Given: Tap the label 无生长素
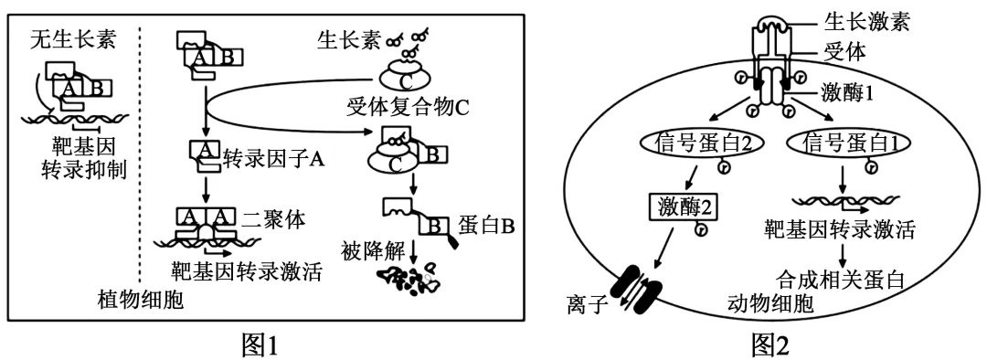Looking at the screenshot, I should (67, 38).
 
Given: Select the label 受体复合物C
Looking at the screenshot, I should (408, 107).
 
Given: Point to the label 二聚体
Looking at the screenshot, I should (275, 218).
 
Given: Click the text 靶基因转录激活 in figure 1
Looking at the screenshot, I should (246, 271).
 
